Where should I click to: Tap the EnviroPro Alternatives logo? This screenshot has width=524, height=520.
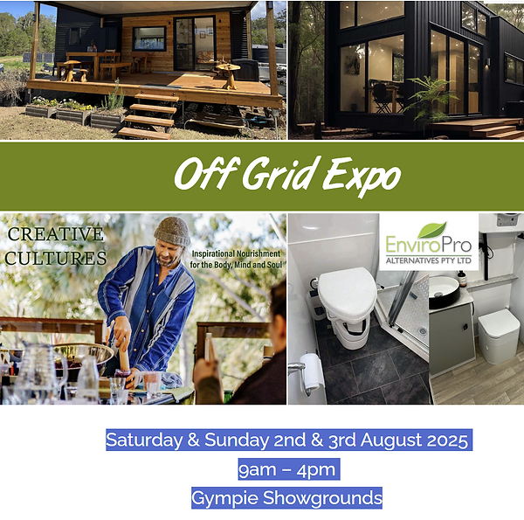pos(427,244)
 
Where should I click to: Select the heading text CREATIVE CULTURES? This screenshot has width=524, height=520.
pos(56,246)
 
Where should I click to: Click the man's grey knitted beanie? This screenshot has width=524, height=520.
pos(172,232)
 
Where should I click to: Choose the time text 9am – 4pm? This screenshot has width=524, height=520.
pos(287,469)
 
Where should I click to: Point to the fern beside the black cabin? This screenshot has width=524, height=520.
pos(427,100)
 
